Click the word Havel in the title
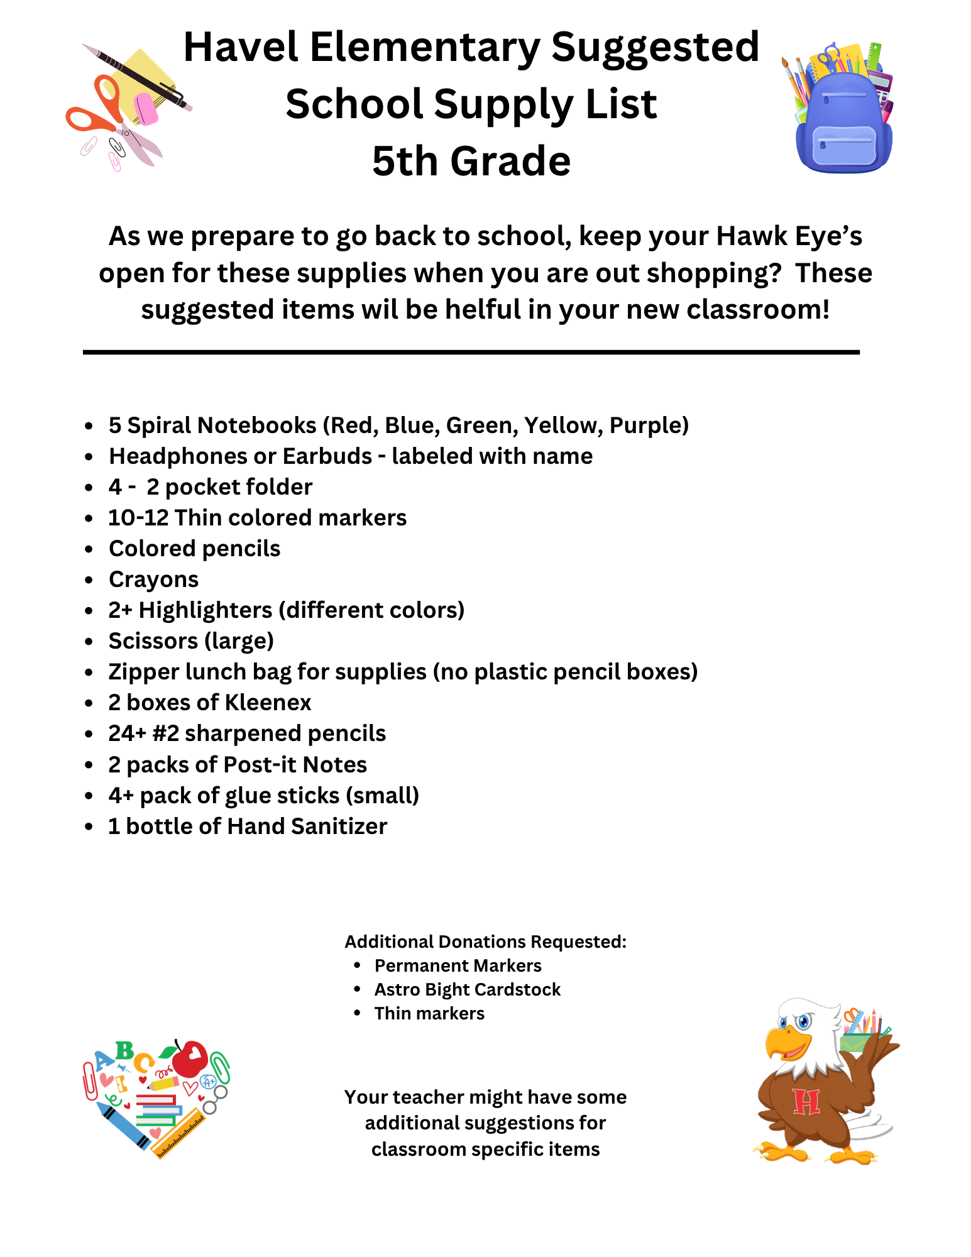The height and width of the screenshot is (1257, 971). [x=240, y=47]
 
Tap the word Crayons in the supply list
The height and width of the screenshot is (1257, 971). [x=153, y=579]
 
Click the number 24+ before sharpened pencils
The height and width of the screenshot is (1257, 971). [x=127, y=733]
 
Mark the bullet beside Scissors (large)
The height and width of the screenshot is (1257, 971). [x=89, y=642]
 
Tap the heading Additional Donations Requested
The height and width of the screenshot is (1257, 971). [x=485, y=941]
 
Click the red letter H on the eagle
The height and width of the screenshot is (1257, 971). [x=806, y=1102]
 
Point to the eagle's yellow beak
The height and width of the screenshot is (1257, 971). [x=782, y=1044]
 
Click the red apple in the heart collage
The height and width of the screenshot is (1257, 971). [x=190, y=1058]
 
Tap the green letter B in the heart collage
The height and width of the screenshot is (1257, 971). [x=124, y=1050]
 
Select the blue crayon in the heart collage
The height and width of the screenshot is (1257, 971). [x=123, y=1125]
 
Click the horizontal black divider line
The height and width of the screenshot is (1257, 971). [x=471, y=353]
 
